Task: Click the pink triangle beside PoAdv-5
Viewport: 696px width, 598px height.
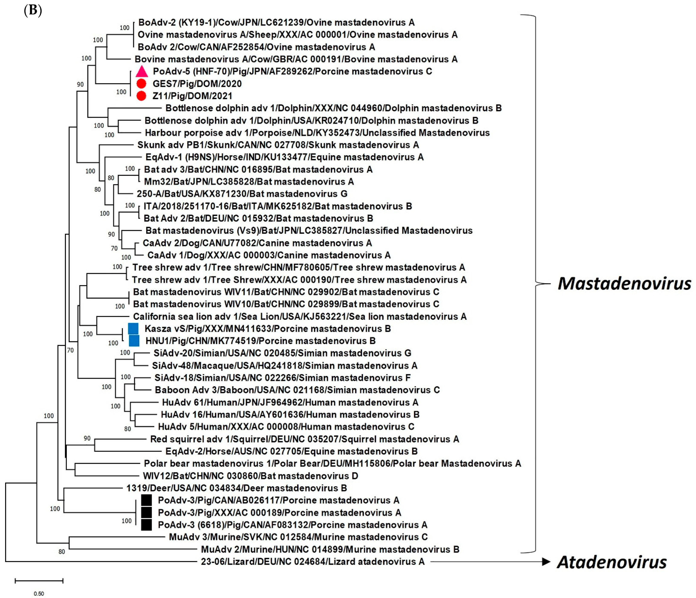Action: [x=142, y=72]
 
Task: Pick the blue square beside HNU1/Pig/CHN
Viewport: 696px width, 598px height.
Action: [x=134, y=341]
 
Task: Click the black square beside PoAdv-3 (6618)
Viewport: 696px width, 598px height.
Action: [x=146, y=525]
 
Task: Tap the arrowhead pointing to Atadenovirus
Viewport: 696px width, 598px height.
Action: [x=546, y=562]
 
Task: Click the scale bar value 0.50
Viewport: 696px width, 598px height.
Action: [x=39, y=594]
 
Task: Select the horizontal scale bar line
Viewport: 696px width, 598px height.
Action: [x=39, y=580]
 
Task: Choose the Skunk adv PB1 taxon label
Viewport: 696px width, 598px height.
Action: [x=278, y=145]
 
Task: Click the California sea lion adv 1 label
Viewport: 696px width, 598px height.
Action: [x=300, y=316]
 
